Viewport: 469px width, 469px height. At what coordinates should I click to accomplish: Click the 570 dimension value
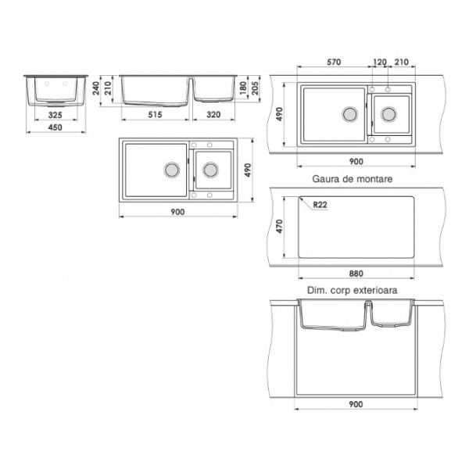[334, 62]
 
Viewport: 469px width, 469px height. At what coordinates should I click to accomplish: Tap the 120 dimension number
[380, 62]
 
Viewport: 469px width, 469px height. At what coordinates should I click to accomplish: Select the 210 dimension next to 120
[402, 62]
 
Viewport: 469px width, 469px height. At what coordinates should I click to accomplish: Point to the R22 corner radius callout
[320, 205]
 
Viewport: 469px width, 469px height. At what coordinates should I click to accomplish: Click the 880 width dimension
[356, 274]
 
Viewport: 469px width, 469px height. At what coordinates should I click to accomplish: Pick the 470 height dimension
[279, 227]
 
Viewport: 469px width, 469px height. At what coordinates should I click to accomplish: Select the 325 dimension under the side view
[55, 115]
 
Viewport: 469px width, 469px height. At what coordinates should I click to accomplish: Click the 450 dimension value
[55, 127]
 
